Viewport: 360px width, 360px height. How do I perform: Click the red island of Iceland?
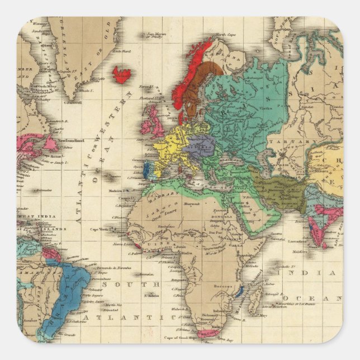click(122, 74)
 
